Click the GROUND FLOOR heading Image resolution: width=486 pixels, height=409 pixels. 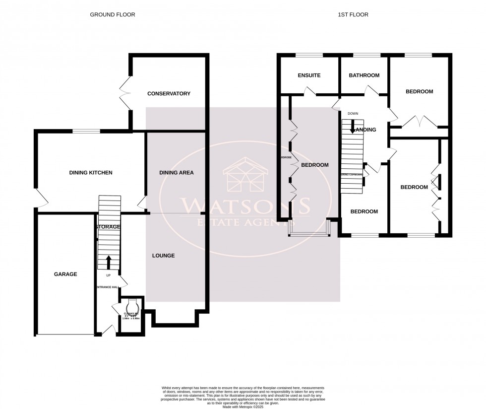click(x=112, y=15)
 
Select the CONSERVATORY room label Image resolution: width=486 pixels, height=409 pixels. click(x=169, y=93)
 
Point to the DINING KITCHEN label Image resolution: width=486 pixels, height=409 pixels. click(x=91, y=173)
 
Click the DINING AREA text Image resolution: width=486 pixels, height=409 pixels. click(x=176, y=173)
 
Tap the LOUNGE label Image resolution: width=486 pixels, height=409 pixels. click(x=163, y=256)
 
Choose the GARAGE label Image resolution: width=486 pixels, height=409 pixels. click(x=65, y=274)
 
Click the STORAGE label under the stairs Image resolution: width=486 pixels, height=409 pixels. click(x=108, y=227)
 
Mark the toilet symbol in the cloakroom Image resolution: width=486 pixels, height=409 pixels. click(x=132, y=304)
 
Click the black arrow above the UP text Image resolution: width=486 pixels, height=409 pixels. click(x=109, y=261)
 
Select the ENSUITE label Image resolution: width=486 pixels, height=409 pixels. click(x=309, y=75)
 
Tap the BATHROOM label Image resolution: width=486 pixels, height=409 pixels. click(x=364, y=75)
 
